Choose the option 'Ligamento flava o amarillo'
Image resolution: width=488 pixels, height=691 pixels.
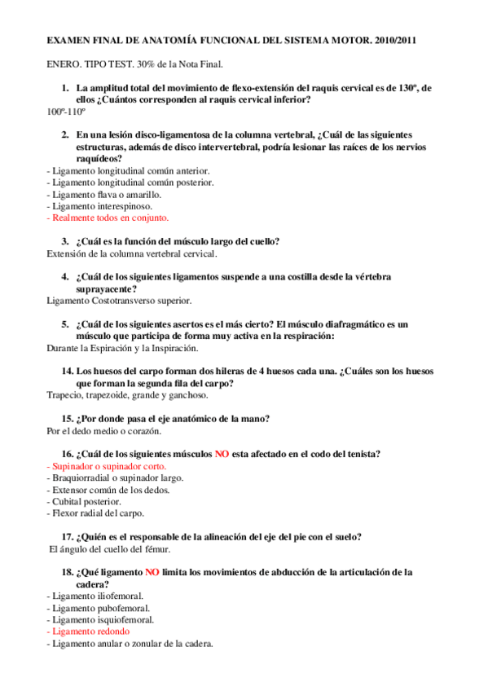[x=106, y=195]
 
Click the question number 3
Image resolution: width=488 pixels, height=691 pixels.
[x=66, y=241]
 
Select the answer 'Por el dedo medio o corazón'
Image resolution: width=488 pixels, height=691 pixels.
[x=104, y=430]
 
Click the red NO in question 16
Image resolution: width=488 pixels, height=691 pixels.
[x=222, y=454]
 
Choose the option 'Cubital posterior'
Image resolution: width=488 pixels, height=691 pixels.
[x=86, y=501]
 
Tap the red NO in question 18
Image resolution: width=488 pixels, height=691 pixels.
[x=152, y=572]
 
